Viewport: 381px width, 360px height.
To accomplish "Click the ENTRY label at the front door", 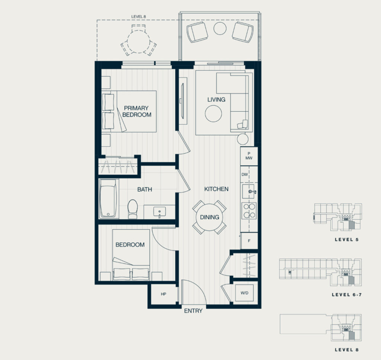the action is [x=193, y=311].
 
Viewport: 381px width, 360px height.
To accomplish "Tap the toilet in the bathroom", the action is [x=133, y=209].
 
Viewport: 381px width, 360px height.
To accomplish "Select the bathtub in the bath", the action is [x=108, y=198].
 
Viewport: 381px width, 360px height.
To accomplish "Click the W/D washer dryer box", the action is [x=244, y=293].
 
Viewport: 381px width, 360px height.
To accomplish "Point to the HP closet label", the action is [x=163, y=294].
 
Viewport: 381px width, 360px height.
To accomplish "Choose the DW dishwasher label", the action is [x=244, y=175].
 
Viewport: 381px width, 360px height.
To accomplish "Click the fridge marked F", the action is [x=249, y=241].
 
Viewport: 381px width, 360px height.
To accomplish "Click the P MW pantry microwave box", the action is [x=249, y=156].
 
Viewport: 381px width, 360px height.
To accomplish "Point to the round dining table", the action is [x=209, y=217].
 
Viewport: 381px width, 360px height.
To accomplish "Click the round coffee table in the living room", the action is [x=213, y=114].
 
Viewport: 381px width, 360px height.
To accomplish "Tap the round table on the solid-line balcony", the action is [x=220, y=28].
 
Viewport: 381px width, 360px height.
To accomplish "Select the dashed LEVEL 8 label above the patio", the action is [x=138, y=17].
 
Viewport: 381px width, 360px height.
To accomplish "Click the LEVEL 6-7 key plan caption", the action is [x=347, y=295].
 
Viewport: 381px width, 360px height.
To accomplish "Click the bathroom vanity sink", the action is [x=159, y=211].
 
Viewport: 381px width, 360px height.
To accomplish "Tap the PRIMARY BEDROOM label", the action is [x=137, y=111].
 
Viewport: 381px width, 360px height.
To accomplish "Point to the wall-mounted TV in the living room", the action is [x=183, y=101].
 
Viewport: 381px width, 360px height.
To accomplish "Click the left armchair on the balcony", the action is [x=197, y=32].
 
